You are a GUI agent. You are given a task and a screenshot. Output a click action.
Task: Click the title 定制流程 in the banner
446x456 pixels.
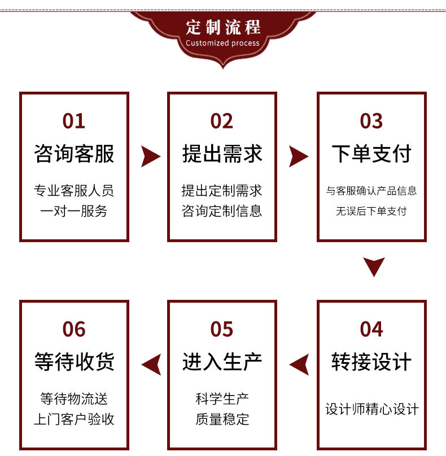point(222,27)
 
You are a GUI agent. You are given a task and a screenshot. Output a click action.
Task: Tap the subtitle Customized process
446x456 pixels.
point(222,43)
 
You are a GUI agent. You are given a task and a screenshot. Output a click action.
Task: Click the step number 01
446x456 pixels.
point(74,121)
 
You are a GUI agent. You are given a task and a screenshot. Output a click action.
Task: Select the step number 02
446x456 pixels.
point(222,121)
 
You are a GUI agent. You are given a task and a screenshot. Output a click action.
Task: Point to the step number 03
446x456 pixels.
point(371,121)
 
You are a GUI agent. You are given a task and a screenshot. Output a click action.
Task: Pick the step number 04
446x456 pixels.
point(371,329)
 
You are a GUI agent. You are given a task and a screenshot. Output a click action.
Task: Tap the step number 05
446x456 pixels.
point(222,329)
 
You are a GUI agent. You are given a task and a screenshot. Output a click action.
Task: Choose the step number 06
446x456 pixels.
point(74,329)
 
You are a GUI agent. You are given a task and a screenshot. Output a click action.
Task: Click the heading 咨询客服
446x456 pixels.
point(74,153)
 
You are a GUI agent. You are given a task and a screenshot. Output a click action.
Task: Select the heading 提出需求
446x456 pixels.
point(222,153)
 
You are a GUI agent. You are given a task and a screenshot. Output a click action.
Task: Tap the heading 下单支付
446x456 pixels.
point(371,153)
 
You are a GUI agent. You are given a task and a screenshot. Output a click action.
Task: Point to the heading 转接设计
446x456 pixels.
point(371,362)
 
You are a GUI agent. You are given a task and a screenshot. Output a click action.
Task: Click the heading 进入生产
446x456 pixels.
point(222,362)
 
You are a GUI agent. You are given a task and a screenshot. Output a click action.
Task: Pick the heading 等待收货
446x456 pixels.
point(74,362)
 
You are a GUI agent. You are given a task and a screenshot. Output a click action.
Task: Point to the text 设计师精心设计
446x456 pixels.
point(371,409)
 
